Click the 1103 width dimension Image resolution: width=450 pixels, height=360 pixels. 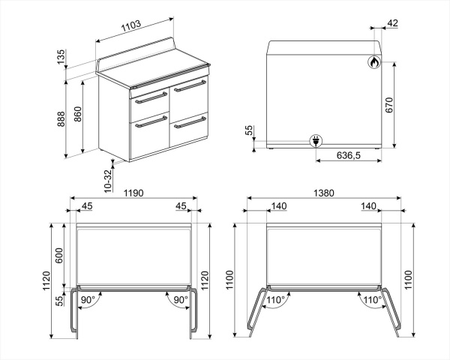[131, 28]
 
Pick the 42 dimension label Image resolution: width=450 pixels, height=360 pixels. [392, 24]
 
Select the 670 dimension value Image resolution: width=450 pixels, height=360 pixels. [389, 105]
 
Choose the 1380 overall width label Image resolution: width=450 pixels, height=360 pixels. [322, 193]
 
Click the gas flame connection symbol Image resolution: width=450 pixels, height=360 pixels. [373, 64]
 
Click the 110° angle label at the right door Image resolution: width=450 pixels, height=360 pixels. [372, 300]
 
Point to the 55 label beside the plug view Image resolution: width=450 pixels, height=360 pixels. [250, 130]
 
